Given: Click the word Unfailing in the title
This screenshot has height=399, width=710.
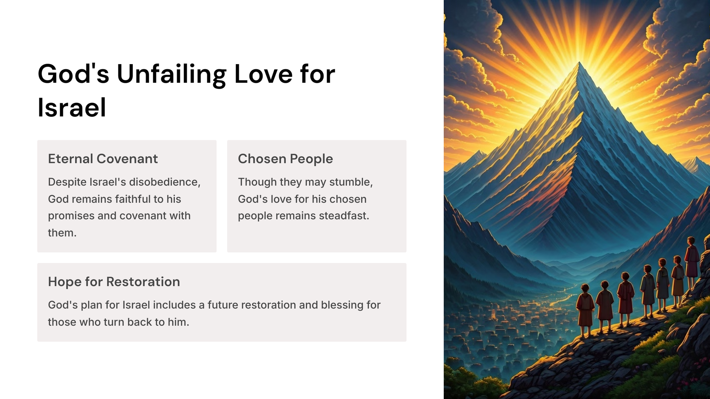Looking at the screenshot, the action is pyautogui.click(x=171, y=74).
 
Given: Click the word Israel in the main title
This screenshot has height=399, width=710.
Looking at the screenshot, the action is pyautogui.click(x=72, y=107).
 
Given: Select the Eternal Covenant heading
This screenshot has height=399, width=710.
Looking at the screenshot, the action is pyautogui.click(x=103, y=159).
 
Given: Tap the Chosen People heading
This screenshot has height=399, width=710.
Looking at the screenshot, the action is pyautogui.click(x=285, y=159).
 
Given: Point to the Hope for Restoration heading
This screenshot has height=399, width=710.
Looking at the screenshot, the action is pyautogui.click(x=114, y=282).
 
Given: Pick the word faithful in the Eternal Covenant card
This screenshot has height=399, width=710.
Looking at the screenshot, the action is pyautogui.click(x=134, y=199).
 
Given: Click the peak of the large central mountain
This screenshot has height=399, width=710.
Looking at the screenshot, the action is pyautogui.click(x=579, y=62).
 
